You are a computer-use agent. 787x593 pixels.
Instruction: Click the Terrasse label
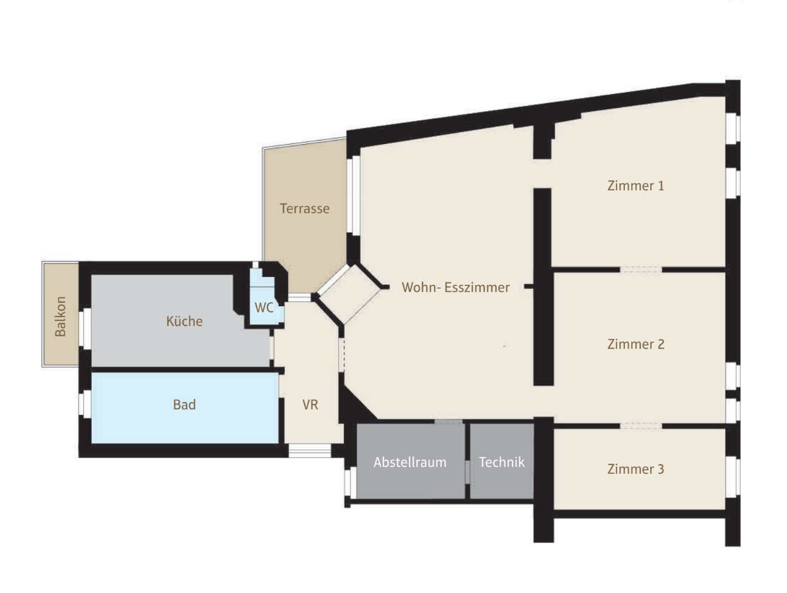tap(304, 208)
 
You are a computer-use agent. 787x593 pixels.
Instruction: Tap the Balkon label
tap(60, 316)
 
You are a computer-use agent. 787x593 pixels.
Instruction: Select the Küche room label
tap(184, 321)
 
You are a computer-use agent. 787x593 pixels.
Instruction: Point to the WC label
tap(264, 307)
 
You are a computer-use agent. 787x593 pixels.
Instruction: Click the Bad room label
tap(184, 405)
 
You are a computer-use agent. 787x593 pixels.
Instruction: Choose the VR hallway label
tap(310, 405)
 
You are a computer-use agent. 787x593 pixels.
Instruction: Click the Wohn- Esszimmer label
tap(455, 287)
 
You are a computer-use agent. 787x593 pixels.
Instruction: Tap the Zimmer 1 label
tap(635, 186)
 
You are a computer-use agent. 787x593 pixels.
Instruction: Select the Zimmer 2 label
tap(635, 344)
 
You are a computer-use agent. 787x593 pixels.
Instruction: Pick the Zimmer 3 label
tap(635, 469)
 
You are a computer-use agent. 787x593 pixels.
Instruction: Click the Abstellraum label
tap(410, 462)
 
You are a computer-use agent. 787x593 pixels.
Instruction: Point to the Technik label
tap(502, 462)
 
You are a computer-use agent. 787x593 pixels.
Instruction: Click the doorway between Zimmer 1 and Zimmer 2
tap(640, 269)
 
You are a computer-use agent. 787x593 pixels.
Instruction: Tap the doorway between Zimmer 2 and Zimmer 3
tap(640, 426)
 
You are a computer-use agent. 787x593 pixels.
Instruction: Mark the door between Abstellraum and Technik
tap(467, 471)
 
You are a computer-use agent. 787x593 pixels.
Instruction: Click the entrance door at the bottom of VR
tap(309, 450)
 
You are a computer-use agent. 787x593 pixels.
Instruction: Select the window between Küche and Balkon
tap(85, 329)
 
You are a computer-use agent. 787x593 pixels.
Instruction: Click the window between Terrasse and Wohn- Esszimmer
tap(353, 195)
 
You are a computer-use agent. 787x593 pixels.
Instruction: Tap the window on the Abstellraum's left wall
tap(350, 482)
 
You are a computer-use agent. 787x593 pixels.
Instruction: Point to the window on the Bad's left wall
tap(85, 404)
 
